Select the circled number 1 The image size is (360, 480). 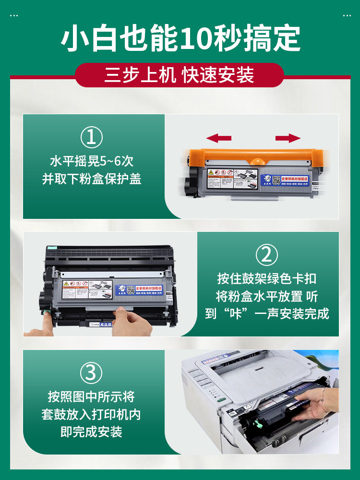[91, 138]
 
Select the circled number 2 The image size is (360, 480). [266, 255]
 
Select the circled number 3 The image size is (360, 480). [91, 373]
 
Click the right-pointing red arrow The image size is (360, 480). [288, 139]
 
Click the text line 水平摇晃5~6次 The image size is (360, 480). [91, 161]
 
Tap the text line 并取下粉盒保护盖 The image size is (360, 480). [91, 179]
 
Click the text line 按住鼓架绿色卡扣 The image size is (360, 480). [266, 278]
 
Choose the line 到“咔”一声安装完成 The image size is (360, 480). [266, 314]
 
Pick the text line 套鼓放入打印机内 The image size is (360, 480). [91, 414]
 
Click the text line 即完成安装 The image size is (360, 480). [91, 432]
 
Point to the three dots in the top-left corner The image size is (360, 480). [14, 15]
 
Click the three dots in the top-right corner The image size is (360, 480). [347, 15]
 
